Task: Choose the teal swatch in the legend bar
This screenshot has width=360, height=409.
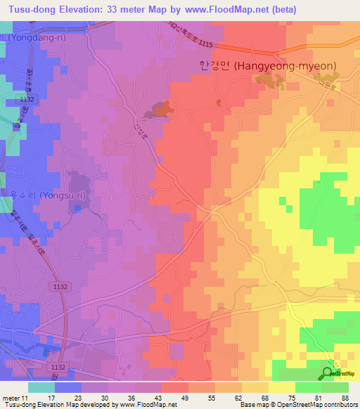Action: coord(41,387)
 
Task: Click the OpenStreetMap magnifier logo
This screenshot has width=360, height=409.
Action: coord(329,374)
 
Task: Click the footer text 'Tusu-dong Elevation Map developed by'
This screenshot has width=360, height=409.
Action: coord(53,405)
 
